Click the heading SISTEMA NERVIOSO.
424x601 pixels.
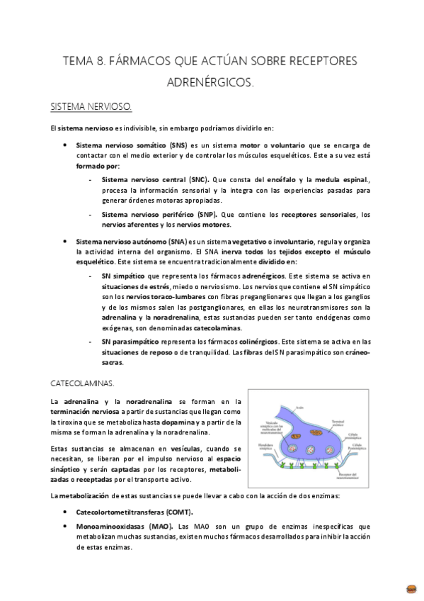point(91,107)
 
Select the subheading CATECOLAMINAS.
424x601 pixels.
point(82,383)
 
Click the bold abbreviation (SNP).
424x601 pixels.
point(206,214)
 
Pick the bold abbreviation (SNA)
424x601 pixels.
point(173,241)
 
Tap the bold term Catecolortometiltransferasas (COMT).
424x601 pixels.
point(134,511)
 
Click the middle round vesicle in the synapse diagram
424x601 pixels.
point(310,450)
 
